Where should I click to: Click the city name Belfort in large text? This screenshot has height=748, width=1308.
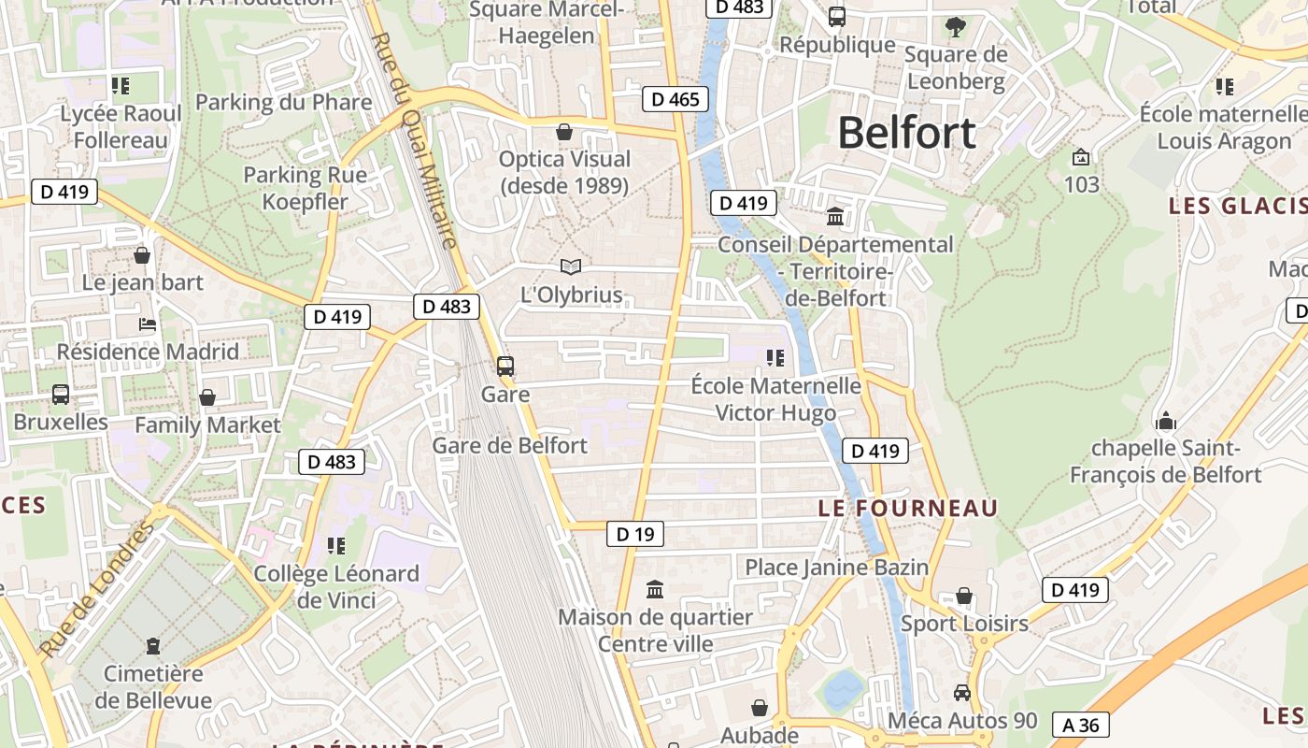[906, 133]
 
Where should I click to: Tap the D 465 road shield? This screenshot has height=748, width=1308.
[675, 99]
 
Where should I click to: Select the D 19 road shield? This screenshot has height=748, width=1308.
[635, 534]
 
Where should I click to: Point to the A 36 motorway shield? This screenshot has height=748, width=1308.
[1080, 725]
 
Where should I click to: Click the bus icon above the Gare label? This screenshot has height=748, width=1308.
[505, 367]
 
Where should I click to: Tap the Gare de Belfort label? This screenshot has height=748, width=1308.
[509, 445]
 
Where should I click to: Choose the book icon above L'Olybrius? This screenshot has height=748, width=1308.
[570, 267]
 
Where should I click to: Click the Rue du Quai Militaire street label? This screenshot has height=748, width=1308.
[416, 140]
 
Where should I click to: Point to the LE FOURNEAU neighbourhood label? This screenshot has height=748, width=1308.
[908, 508]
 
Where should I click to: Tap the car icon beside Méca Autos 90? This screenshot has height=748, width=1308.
[961, 693]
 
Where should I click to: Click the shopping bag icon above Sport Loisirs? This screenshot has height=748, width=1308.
[964, 597]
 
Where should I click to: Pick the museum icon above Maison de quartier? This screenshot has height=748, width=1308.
[655, 590]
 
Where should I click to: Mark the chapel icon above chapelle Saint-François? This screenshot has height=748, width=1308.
[1165, 421]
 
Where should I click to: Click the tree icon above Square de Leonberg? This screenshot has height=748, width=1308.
[955, 26]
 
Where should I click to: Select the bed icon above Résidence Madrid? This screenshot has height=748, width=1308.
[148, 324]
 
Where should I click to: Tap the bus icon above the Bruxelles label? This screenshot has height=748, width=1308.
[61, 395]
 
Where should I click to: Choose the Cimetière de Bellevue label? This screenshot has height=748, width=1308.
[153, 686]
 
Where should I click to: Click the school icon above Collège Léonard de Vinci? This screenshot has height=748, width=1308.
[336, 545]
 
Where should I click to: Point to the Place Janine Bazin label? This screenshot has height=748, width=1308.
[836, 567]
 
